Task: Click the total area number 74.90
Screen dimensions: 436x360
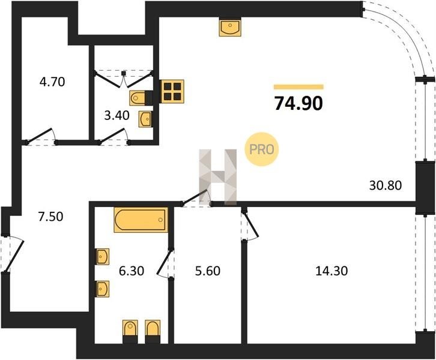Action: pyautogui.click(x=298, y=103)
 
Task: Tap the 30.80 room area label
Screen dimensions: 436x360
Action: pyautogui.click(x=386, y=185)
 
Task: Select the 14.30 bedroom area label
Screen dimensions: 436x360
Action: pyautogui.click(x=332, y=271)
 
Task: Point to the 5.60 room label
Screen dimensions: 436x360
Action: pyautogui.click(x=208, y=271)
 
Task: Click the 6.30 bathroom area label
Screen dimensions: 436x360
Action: pyautogui.click(x=132, y=271)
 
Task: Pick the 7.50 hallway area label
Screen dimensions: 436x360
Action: pyautogui.click(x=50, y=217)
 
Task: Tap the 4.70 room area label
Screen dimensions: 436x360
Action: pyautogui.click(x=52, y=82)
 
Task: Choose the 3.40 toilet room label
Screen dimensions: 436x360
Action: pyautogui.click(x=117, y=115)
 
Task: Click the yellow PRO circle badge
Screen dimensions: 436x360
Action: pyautogui.click(x=261, y=149)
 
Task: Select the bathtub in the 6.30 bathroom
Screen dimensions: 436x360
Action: pyautogui.click(x=141, y=220)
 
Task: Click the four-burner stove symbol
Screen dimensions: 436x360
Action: pyautogui.click(x=172, y=91)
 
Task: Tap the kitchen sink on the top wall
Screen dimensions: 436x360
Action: pyautogui.click(x=230, y=26)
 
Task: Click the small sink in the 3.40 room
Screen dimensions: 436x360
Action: pyautogui.click(x=145, y=119)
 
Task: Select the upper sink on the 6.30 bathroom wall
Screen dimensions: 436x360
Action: pyautogui.click(x=102, y=257)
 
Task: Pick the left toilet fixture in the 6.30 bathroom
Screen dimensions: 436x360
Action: pyautogui.click(x=130, y=331)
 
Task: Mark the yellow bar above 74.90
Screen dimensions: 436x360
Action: pyautogui.click(x=298, y=87)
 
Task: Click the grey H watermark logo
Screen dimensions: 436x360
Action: pyautogui.click(x=218, y=177)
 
